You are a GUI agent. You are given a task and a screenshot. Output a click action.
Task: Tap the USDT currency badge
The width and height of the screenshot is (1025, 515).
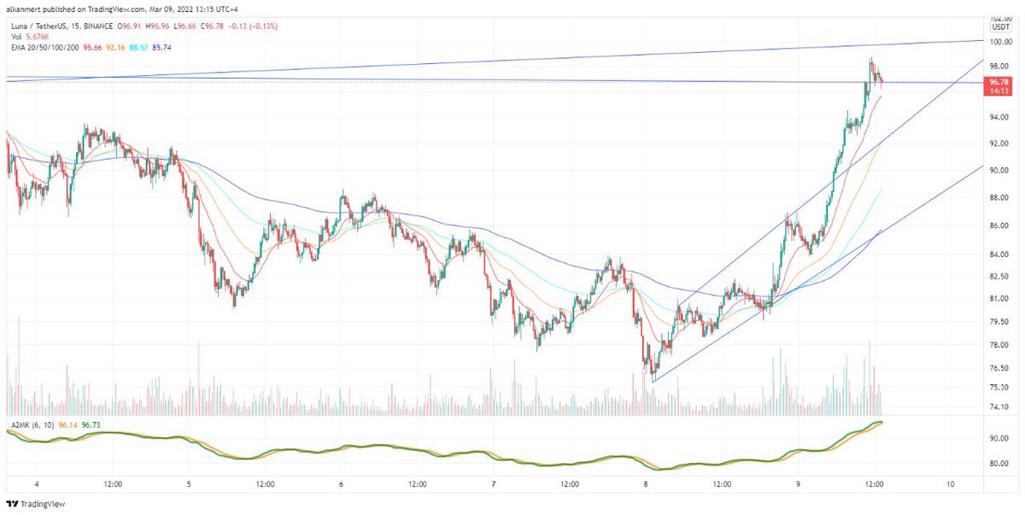pyautogui.click(x=1001, y=27)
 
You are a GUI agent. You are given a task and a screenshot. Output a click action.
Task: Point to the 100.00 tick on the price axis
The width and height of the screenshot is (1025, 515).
pyautogui.click(x=1001, y=42)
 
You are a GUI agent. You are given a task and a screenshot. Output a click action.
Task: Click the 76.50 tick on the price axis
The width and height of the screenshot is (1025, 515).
pyautogui.click(x=1001, y=368)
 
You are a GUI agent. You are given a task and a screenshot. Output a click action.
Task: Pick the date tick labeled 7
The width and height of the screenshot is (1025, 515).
pyautogui.click(x=494, y=483)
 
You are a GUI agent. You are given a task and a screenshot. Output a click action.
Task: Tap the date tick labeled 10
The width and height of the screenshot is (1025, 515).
pyautogui.click(x=951, y=483)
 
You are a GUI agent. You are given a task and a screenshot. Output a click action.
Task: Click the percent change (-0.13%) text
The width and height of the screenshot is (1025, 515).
pyautogui.click(x=278, y=26)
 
